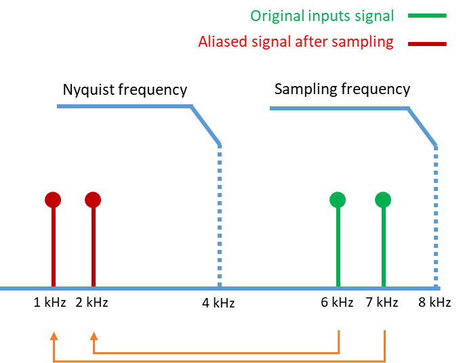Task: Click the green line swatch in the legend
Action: pos(428,16)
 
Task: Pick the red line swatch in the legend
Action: pos(428,43)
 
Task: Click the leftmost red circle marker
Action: pos(53,200)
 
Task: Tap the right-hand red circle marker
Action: pos(93,200)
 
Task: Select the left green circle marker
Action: pos(338,200)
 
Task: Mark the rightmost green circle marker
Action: pos(383,200)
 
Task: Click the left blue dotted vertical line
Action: pos(220,217)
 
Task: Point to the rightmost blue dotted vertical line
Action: pos(436,217)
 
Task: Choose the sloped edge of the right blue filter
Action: pos(422,127)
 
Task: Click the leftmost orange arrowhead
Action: pos(54,335)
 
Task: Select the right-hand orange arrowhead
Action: pos(94,335)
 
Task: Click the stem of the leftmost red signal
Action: pos(53,247)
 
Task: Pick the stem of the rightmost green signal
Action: pos(383,247)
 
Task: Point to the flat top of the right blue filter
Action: pos(339,108)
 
